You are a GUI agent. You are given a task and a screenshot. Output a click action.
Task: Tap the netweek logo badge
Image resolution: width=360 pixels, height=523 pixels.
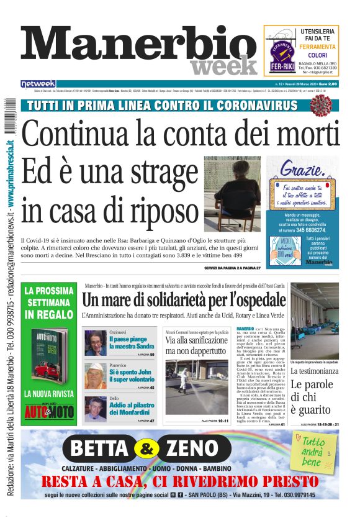pos(38,84)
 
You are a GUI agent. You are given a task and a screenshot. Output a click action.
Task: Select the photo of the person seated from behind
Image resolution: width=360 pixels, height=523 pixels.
pos(232,193)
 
